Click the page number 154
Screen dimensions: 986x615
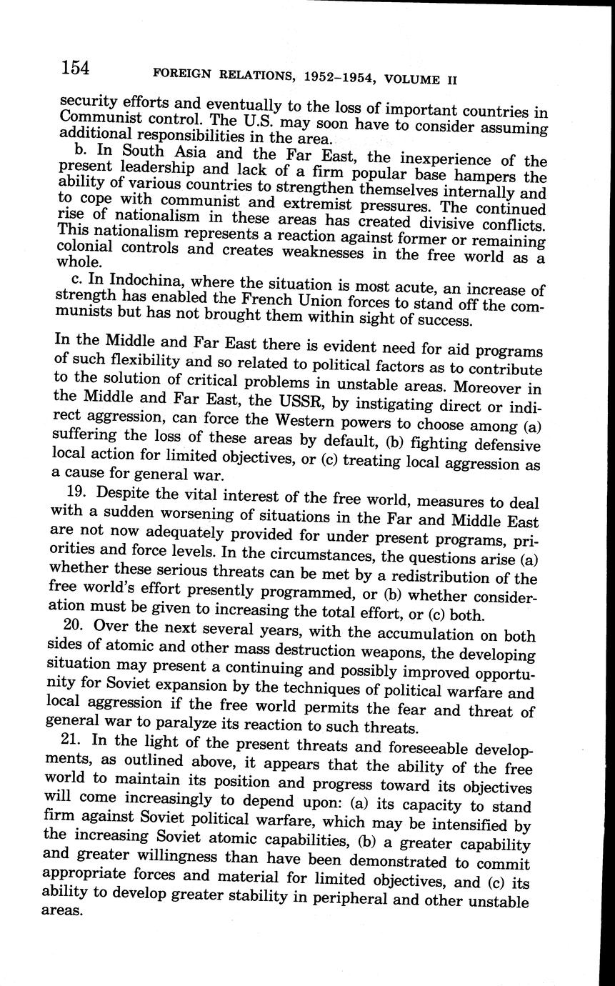click(74, 67)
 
